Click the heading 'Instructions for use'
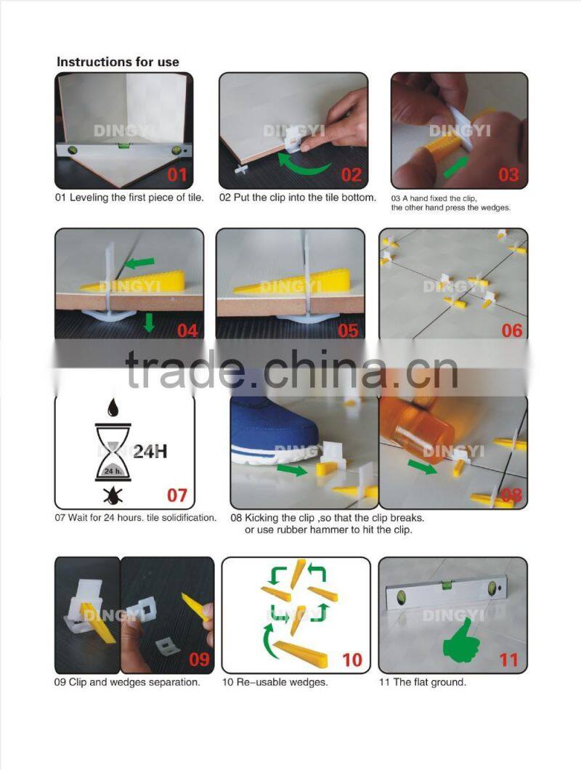click(x=118, y=62)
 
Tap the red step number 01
click(x=177, y=174)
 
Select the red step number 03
click(x=508, y=174)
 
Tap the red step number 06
click(x=511, y=331)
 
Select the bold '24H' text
click(x=150, y=451)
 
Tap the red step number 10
click(x=352, y=660)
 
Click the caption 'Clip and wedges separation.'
click(x=128, y=682)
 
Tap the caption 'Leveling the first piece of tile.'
click(x=130, y=198)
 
